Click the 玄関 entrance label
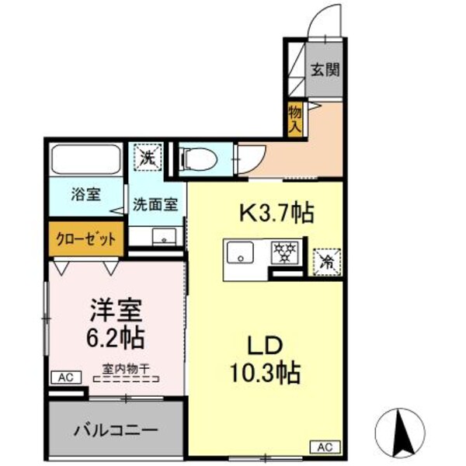[325, 70]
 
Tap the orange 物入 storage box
[295, 120]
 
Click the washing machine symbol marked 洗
[146, 158]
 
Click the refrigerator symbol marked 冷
[325, 262]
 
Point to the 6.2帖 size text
[115, 338]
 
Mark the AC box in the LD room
[325, 447]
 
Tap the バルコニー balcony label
[116, 429]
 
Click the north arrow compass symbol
[402, 430]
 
